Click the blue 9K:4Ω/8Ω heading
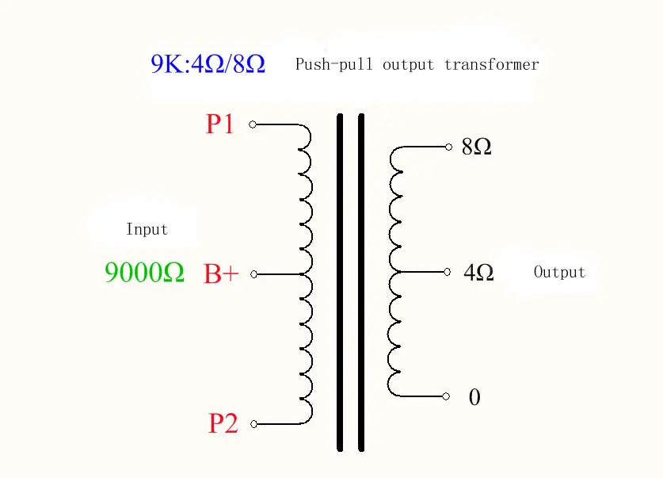208,64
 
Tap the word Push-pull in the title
333,65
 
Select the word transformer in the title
491,65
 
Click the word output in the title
408,65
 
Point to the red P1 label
219,124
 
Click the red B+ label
221,273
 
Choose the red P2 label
223,423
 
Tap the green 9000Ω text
144,272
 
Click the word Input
147,229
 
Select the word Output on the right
559,272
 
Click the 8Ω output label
477,147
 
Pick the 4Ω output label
478,273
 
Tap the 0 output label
474,397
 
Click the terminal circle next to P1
253,124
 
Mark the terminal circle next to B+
253,274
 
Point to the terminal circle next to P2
253,424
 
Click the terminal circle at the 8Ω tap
448,147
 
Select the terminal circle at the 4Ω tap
448,272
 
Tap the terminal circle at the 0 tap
446,396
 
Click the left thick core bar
340,282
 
